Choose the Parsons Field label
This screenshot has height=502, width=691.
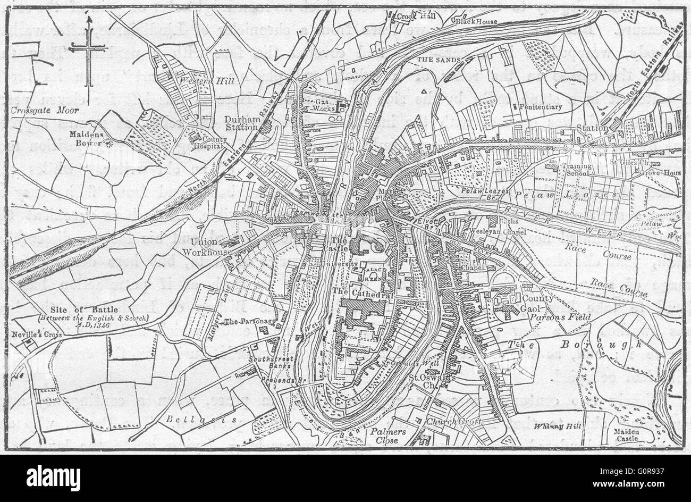click(557, 315)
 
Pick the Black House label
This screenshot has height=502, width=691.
click(476, 21)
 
